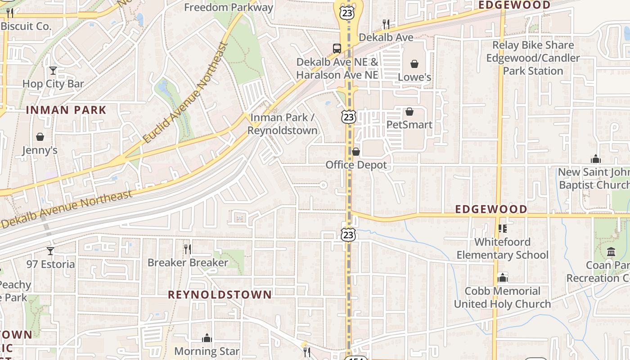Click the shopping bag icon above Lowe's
coord(414,64)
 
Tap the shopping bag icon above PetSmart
coord(409,112)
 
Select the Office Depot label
coord(356,165)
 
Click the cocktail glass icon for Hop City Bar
coord(53,71)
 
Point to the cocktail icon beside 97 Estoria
coord(50,251)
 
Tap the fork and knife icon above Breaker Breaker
coord(188,249)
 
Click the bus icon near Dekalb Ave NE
coord(337,49)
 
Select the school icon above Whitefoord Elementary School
coord(502,229)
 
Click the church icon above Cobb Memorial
coord(502,278)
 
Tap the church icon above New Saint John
coord(595,159)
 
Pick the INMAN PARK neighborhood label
coord(66,110)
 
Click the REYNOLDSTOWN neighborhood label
coord(220,295)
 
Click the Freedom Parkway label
coord(229,7)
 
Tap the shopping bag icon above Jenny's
coord(40,137)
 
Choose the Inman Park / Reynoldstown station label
coord(282,124)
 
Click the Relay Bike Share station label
coord(533,58)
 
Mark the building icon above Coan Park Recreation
coord(611,252)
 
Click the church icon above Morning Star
coord(207,337)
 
